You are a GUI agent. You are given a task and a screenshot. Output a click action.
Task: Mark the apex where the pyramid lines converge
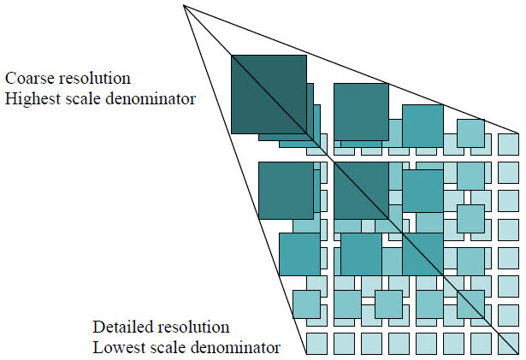184,6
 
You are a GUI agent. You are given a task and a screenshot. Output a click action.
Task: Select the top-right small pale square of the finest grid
508,143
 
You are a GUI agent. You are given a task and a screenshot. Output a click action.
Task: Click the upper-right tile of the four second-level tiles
361,111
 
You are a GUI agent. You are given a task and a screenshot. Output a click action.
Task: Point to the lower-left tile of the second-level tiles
286,190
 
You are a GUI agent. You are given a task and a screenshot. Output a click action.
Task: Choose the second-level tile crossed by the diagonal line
361,190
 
